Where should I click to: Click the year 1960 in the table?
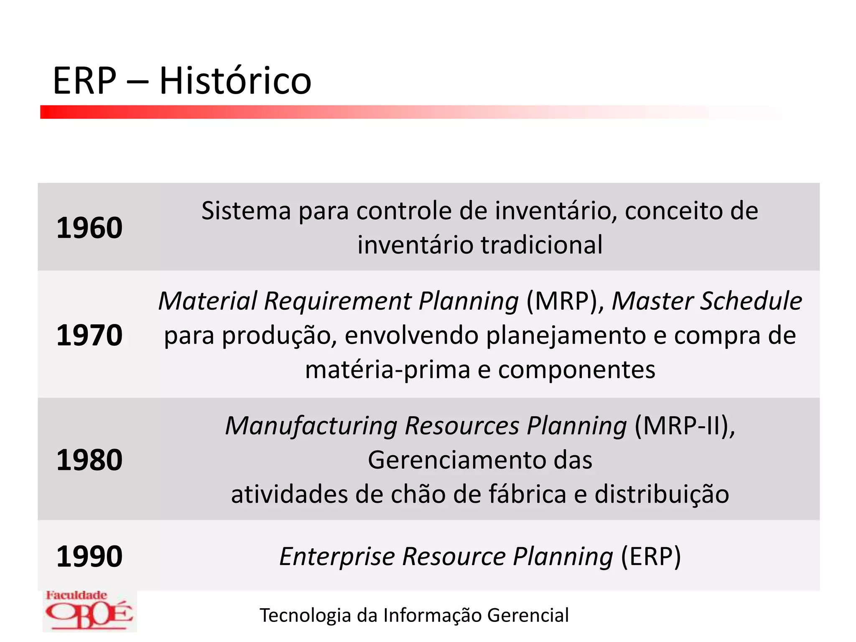(x=89, y=228)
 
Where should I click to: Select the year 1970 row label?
(x=89, y=335)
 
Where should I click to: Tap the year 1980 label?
(x=89, y=460)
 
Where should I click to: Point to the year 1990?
(x=89, y=556)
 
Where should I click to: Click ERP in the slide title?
(x=84, y=81)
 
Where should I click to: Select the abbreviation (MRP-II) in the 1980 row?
(x=685, y=426)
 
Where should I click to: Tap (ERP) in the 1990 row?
(x=651, y=557)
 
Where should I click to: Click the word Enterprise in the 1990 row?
(x=337, y=557)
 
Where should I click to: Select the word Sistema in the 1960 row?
(x=246, y=211)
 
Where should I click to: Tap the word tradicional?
(x=541, y=245)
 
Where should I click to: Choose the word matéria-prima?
(x=387, y=370)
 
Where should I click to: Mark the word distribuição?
(x=662, y=494)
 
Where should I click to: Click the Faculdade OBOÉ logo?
(x=89, y=611)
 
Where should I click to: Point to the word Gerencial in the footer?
(x=528, y=615)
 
